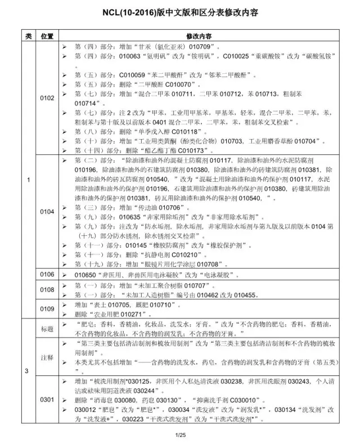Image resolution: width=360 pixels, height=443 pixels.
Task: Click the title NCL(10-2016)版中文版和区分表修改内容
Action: pyautogui.click(x=180, y=12)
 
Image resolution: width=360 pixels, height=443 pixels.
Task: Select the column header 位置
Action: pyautogui.click(x=47, y=36)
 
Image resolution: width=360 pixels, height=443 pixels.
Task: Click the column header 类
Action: pyautogui.click(x=28, y=36)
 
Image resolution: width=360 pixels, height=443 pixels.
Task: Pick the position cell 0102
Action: pyautogui.click(x=47, y=98)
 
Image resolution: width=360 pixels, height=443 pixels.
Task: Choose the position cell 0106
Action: pyautogui.click(x=47, y=274)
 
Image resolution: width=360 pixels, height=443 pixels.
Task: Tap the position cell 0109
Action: pyautogui.click(x=47, y=308)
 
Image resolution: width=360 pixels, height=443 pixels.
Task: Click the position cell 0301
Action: pyautogui.click(x=47, y=400)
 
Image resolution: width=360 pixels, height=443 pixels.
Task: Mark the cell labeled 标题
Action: pyautogui.click(x=47, y=328)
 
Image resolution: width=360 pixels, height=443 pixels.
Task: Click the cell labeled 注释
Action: pyautogui.click(x=47, y=357)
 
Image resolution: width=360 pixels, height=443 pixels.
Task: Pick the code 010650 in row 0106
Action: pyautogui.click(x=85, y=275)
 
